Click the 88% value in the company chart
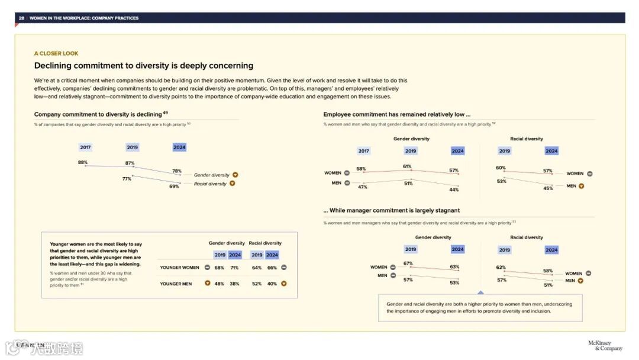pos(83,162)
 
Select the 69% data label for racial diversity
pos(174,187)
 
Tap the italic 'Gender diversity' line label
pos(211,175)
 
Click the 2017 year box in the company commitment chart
pos(86,147)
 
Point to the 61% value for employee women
pos(407,166)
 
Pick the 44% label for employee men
pos(454,189)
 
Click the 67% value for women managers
pos(408,263)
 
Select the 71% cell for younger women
pos(235,268)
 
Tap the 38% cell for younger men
pos(235,284)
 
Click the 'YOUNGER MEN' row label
pos(176,284)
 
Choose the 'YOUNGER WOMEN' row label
pos(179,268)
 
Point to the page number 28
pos(21,18)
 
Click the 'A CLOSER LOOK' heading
pos(56,53)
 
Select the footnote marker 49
pos(166,112)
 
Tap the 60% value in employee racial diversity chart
pos(501,168)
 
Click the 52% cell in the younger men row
pos(257,284)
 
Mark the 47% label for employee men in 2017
pos(363,187)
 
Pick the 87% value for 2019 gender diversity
pos(130,163)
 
